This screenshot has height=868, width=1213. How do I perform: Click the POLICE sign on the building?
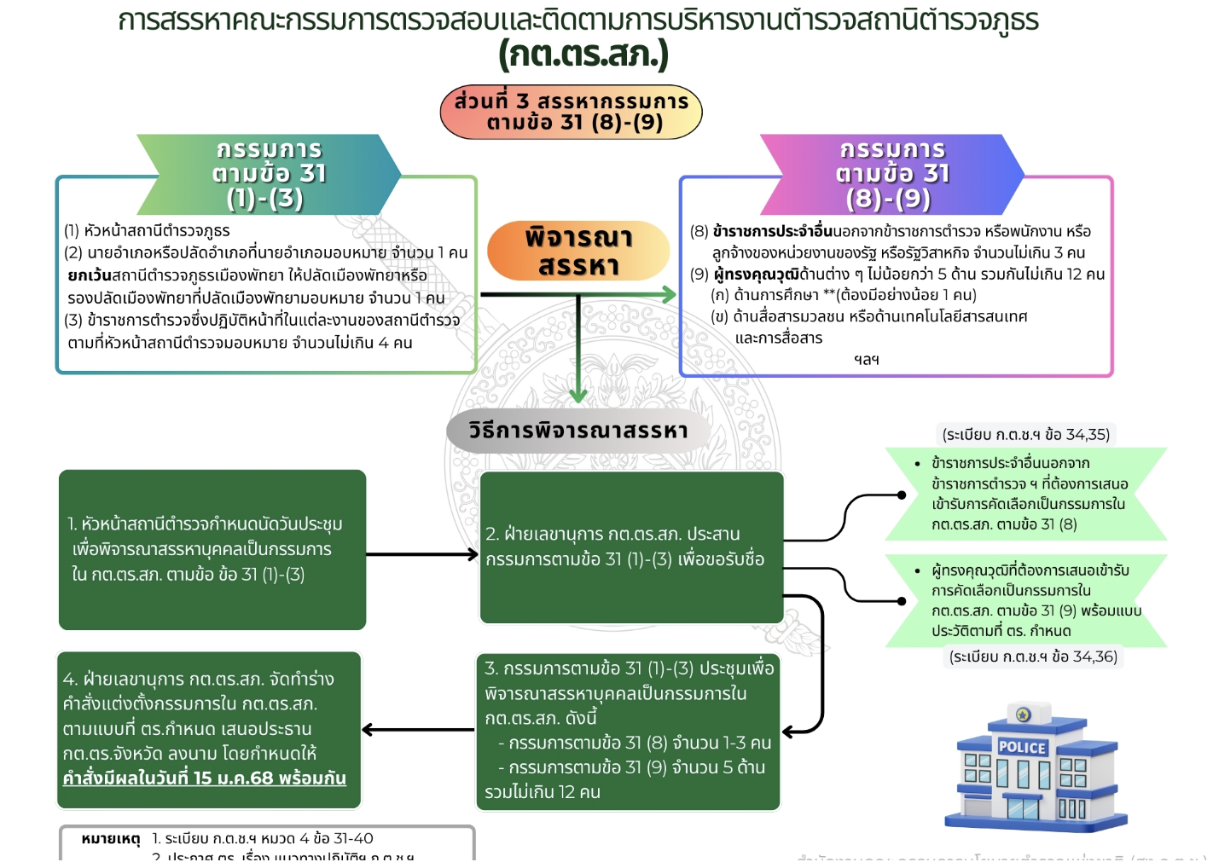(1021, 748)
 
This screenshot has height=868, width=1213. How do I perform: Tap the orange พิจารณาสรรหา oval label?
(578, 251)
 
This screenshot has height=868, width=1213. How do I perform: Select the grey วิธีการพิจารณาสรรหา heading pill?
(578, 431)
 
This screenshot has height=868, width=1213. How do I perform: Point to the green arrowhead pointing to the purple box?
(670, 295)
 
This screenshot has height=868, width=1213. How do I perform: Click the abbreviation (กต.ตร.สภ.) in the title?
(583, 55)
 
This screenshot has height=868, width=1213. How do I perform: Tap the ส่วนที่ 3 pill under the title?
(571, 112)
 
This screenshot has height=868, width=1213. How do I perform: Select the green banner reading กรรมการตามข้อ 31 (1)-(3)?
(269, 174)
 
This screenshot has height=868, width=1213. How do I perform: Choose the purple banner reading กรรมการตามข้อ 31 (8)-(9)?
(892, 174)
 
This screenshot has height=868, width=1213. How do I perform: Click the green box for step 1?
(212, 550)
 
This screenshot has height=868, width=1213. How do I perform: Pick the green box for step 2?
(631, 547)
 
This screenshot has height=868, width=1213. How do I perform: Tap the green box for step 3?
(628, 731)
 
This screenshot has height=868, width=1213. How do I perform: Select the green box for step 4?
(209, 729)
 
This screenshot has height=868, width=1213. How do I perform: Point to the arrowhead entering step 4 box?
(369, 730)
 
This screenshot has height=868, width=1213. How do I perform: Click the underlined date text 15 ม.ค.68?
(233, 778)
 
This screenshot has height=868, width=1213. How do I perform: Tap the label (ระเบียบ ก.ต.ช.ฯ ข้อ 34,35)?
(1025, 435)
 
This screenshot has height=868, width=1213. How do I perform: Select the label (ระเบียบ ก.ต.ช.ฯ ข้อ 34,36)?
(1033, 657)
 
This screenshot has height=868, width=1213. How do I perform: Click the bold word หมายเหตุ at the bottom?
(110, 839)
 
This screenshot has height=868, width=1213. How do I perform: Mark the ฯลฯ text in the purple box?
(866, 360)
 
